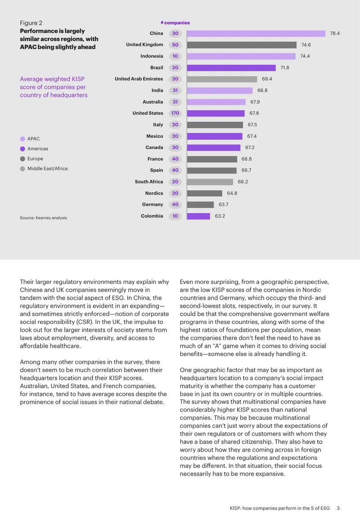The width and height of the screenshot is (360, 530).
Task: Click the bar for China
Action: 256,33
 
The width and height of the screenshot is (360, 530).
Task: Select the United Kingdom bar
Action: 242,45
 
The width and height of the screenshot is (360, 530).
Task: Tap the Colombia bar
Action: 198,216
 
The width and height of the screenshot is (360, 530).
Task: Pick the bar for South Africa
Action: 210,182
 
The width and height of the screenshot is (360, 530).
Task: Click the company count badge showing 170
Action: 175,113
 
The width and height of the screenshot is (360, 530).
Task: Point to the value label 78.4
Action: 335,33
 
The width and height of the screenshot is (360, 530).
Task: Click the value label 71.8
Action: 284,67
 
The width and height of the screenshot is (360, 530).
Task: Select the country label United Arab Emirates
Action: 139,79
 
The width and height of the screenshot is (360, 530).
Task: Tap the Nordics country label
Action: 154,193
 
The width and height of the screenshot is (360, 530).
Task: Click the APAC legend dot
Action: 22,139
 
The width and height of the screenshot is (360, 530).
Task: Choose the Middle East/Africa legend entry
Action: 44,169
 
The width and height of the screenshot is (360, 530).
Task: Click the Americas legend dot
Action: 22,149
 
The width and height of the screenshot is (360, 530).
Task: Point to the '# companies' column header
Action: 175,22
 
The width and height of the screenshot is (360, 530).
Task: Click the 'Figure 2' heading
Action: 31,23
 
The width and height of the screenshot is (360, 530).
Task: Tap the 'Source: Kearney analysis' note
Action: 43,218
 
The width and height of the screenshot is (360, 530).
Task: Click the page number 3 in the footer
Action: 338,508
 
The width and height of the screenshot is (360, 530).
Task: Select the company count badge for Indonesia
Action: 175,56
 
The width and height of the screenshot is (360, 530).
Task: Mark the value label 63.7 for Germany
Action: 224,205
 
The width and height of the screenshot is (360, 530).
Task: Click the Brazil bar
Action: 231,67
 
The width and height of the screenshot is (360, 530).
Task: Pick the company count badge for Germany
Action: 175,205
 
